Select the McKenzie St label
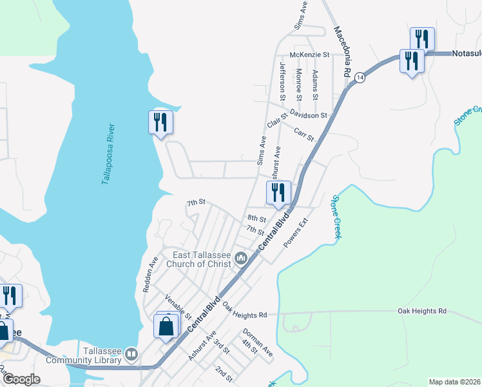pos(309,55)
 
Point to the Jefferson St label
pos(282,81)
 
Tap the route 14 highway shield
pos(360,77)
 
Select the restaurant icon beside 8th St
pos(278,192)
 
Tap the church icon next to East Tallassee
pos(242,259)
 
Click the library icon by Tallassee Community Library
pos(131,353)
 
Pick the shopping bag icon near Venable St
pos(166,326)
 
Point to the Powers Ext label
pos(297,235)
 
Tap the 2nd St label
pos(223,373)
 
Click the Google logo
pos(21,379)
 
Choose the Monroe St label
pos(299,84)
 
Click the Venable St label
pos(178,306)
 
